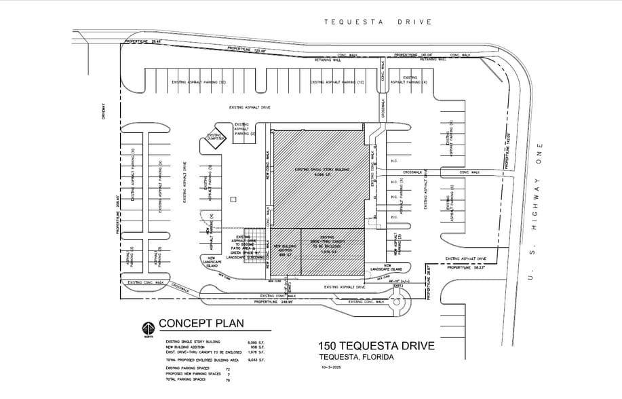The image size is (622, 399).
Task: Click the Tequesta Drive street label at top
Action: [378, 22]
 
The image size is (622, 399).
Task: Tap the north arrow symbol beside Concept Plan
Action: [147, 328]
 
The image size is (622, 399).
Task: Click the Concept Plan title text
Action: [197, 324]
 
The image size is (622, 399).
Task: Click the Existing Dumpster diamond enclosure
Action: [215, 140]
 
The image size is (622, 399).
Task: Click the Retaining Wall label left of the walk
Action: [328, 60]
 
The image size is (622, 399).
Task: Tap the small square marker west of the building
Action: [232, 199]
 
